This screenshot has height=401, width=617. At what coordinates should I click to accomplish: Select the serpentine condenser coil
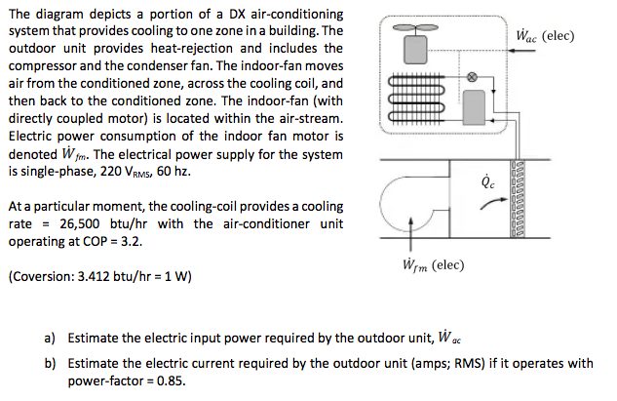[x=409, y=100]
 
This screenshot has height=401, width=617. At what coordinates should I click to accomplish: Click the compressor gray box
[x=476, y=104]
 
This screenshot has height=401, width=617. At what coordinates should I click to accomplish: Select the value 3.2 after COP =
[x=131, y=241]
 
